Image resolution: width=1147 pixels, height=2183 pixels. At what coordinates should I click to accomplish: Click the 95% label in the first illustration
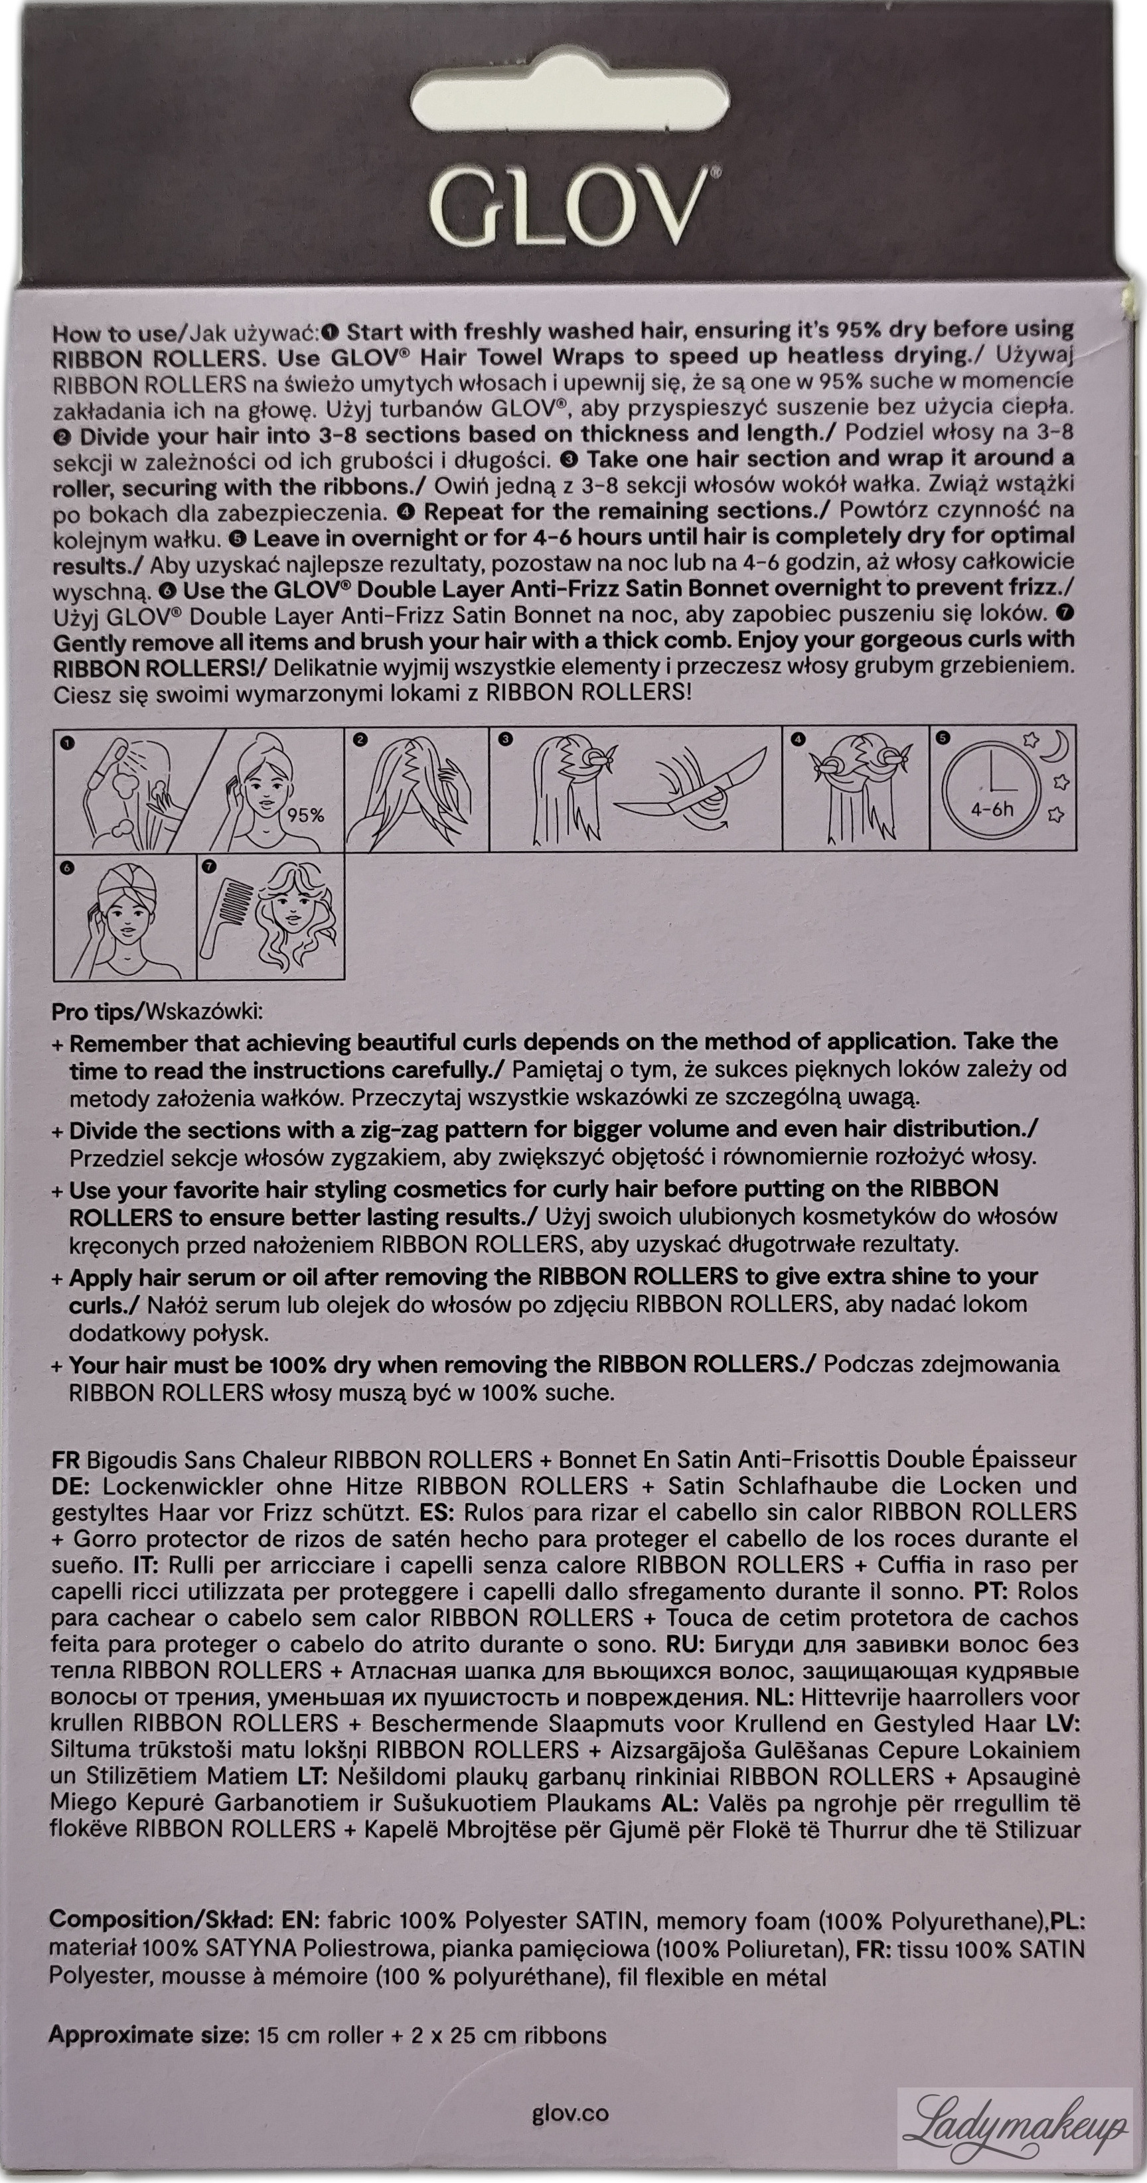point(305,815)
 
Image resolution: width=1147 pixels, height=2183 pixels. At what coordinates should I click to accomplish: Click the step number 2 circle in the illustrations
point(360,740)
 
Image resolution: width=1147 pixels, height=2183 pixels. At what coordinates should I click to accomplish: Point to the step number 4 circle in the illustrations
point(798,740)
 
